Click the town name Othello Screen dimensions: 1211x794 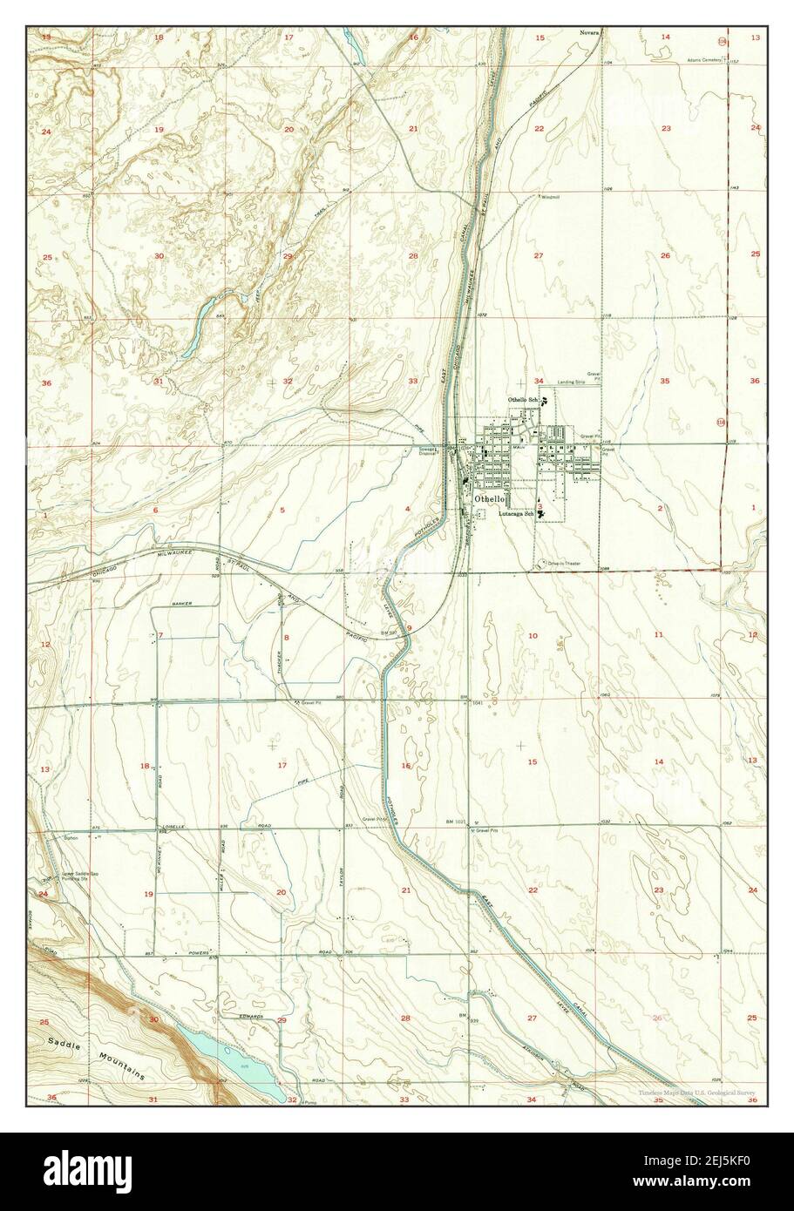point(489,497)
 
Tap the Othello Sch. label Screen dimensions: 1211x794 point(523,399)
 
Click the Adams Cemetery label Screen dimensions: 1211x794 point(705,36)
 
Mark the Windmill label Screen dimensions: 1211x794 point(551,197)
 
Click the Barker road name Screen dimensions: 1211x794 point(180,603)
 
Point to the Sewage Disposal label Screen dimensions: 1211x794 point(427,451)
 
